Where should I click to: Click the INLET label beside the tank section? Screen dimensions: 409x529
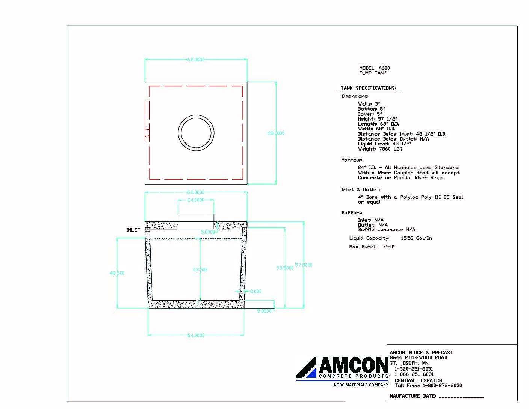tap(133, 230)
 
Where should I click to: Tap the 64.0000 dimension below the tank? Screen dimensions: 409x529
tap(196, 335)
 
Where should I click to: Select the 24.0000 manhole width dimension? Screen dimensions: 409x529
tap(196, 200)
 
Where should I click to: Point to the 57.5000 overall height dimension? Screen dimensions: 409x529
tap(304, 265)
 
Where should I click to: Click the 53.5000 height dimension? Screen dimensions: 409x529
tap(285, 268)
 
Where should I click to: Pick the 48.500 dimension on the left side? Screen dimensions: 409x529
tap(117, 273)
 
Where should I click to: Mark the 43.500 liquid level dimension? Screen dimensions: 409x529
tap(200, 270)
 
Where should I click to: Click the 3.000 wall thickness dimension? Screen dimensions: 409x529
tap(256, 291)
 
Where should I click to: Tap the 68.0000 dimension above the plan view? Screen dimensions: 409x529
tap(196, 59)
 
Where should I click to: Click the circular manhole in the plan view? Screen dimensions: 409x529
tap(196, 133)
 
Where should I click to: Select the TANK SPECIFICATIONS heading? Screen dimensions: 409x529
tap(368, 88)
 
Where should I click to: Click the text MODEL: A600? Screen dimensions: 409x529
tap(374, 68)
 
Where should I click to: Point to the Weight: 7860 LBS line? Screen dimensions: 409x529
tap(380, 149)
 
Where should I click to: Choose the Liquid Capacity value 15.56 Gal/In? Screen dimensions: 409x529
tap(416, 238)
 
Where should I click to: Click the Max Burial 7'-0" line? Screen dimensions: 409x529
tap(372, 247)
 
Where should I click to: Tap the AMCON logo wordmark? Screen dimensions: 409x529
tap(353, 365)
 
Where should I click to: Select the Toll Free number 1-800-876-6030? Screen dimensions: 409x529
tap(442, 385)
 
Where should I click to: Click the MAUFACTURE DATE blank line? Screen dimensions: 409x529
tap(461, 397)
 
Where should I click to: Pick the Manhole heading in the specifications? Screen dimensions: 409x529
tap(351, 160)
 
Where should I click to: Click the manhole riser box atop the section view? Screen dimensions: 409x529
tap(196, 221)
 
